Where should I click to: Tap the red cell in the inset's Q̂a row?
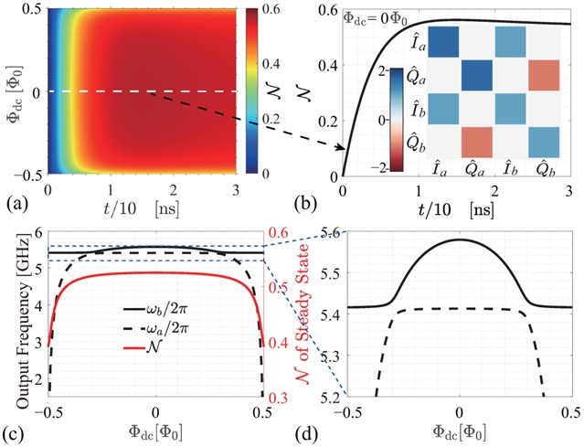(546, 75)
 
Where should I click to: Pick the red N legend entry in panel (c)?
(156, 347)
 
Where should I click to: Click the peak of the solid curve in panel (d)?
(460, 239)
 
